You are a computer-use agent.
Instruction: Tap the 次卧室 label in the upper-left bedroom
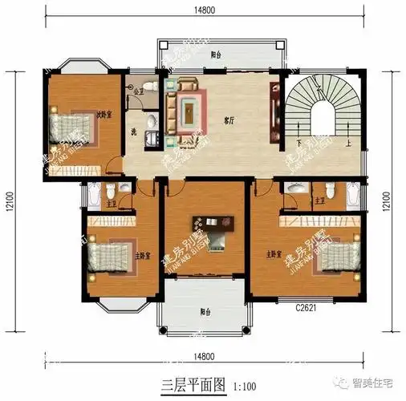104,113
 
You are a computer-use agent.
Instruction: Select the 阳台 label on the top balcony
216,55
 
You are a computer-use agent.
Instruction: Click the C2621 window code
305,306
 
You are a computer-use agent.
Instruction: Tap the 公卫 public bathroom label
139,91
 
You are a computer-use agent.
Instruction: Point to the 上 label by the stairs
350,145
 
